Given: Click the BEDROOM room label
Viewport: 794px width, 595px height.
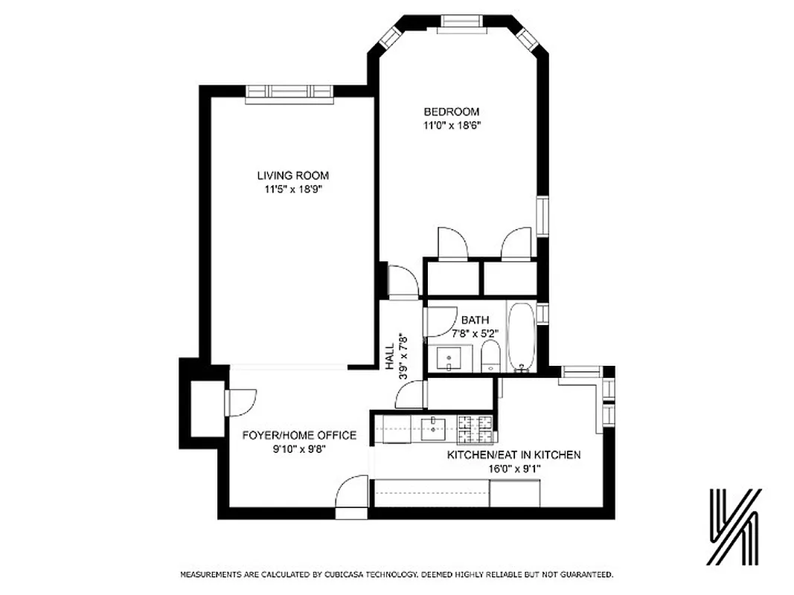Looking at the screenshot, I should coord(446,112).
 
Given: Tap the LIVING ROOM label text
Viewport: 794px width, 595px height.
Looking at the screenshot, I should coord(292,176).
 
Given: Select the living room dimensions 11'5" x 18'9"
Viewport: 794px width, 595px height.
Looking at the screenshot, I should coord(292,189).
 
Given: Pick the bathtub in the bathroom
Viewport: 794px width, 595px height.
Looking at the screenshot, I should coord(520,336).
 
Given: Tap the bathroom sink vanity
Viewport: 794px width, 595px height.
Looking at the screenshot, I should coord(449,358).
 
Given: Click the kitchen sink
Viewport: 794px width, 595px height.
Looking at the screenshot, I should coord(432,427).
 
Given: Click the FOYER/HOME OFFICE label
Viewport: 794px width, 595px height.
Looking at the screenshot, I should coord(299,436).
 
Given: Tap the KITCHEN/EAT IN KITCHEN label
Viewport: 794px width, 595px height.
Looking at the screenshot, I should coord(513,454).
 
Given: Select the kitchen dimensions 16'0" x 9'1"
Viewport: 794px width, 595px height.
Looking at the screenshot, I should coord(513,468).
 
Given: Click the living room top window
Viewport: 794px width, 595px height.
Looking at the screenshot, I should coord(289,91).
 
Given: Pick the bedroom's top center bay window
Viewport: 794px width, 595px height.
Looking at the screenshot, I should coord(460,23).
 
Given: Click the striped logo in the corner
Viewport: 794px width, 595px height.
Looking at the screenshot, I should coord(734,527).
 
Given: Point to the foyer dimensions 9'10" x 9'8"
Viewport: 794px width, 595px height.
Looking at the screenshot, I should coord(299,448).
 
